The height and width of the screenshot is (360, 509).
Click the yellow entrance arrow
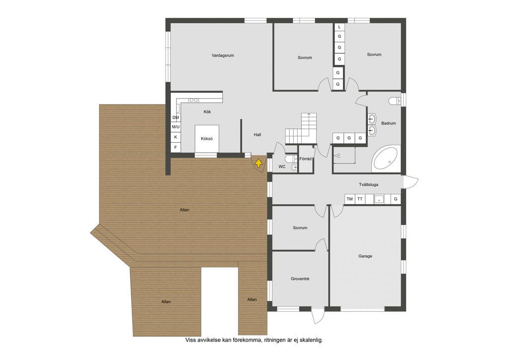point(258,163)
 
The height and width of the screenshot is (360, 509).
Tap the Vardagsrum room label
point(223,56)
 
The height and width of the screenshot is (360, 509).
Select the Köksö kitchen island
point(207,139)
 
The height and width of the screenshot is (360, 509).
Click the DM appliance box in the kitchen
point(175,117)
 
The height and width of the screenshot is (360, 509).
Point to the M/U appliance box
point(175,127)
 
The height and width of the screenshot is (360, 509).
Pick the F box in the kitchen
point(175,147)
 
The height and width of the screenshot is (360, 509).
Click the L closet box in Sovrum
point(339,27)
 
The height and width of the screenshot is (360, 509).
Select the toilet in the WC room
point(289,159)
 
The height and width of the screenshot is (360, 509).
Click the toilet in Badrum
point(395,101)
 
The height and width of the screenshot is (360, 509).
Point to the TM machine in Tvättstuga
point(349,199)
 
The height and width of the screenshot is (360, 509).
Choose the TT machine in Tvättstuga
point(360,199)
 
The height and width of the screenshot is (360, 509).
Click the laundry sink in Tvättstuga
point(379,199)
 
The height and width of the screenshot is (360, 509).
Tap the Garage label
point(365,256)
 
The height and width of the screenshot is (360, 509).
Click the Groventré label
point(300,279)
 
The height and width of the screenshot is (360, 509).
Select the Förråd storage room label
point(306,159)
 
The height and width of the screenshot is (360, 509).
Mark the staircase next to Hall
point(301,128)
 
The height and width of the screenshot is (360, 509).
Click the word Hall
point(257,135)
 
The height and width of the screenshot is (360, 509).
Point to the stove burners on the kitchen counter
point(194,100)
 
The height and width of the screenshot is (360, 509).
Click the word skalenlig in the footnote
point(311,340)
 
